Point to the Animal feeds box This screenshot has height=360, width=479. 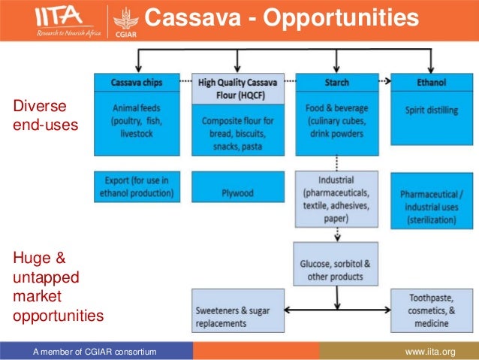(x=137, y=119)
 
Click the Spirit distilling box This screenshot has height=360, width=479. (x=430, y=119)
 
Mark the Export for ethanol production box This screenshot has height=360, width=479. (x=137, y=186)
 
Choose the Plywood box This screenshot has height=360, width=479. (x=237, y=186)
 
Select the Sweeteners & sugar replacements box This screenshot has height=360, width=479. (x=237, y=310)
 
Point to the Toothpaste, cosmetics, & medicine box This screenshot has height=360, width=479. (x=430, y=310)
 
